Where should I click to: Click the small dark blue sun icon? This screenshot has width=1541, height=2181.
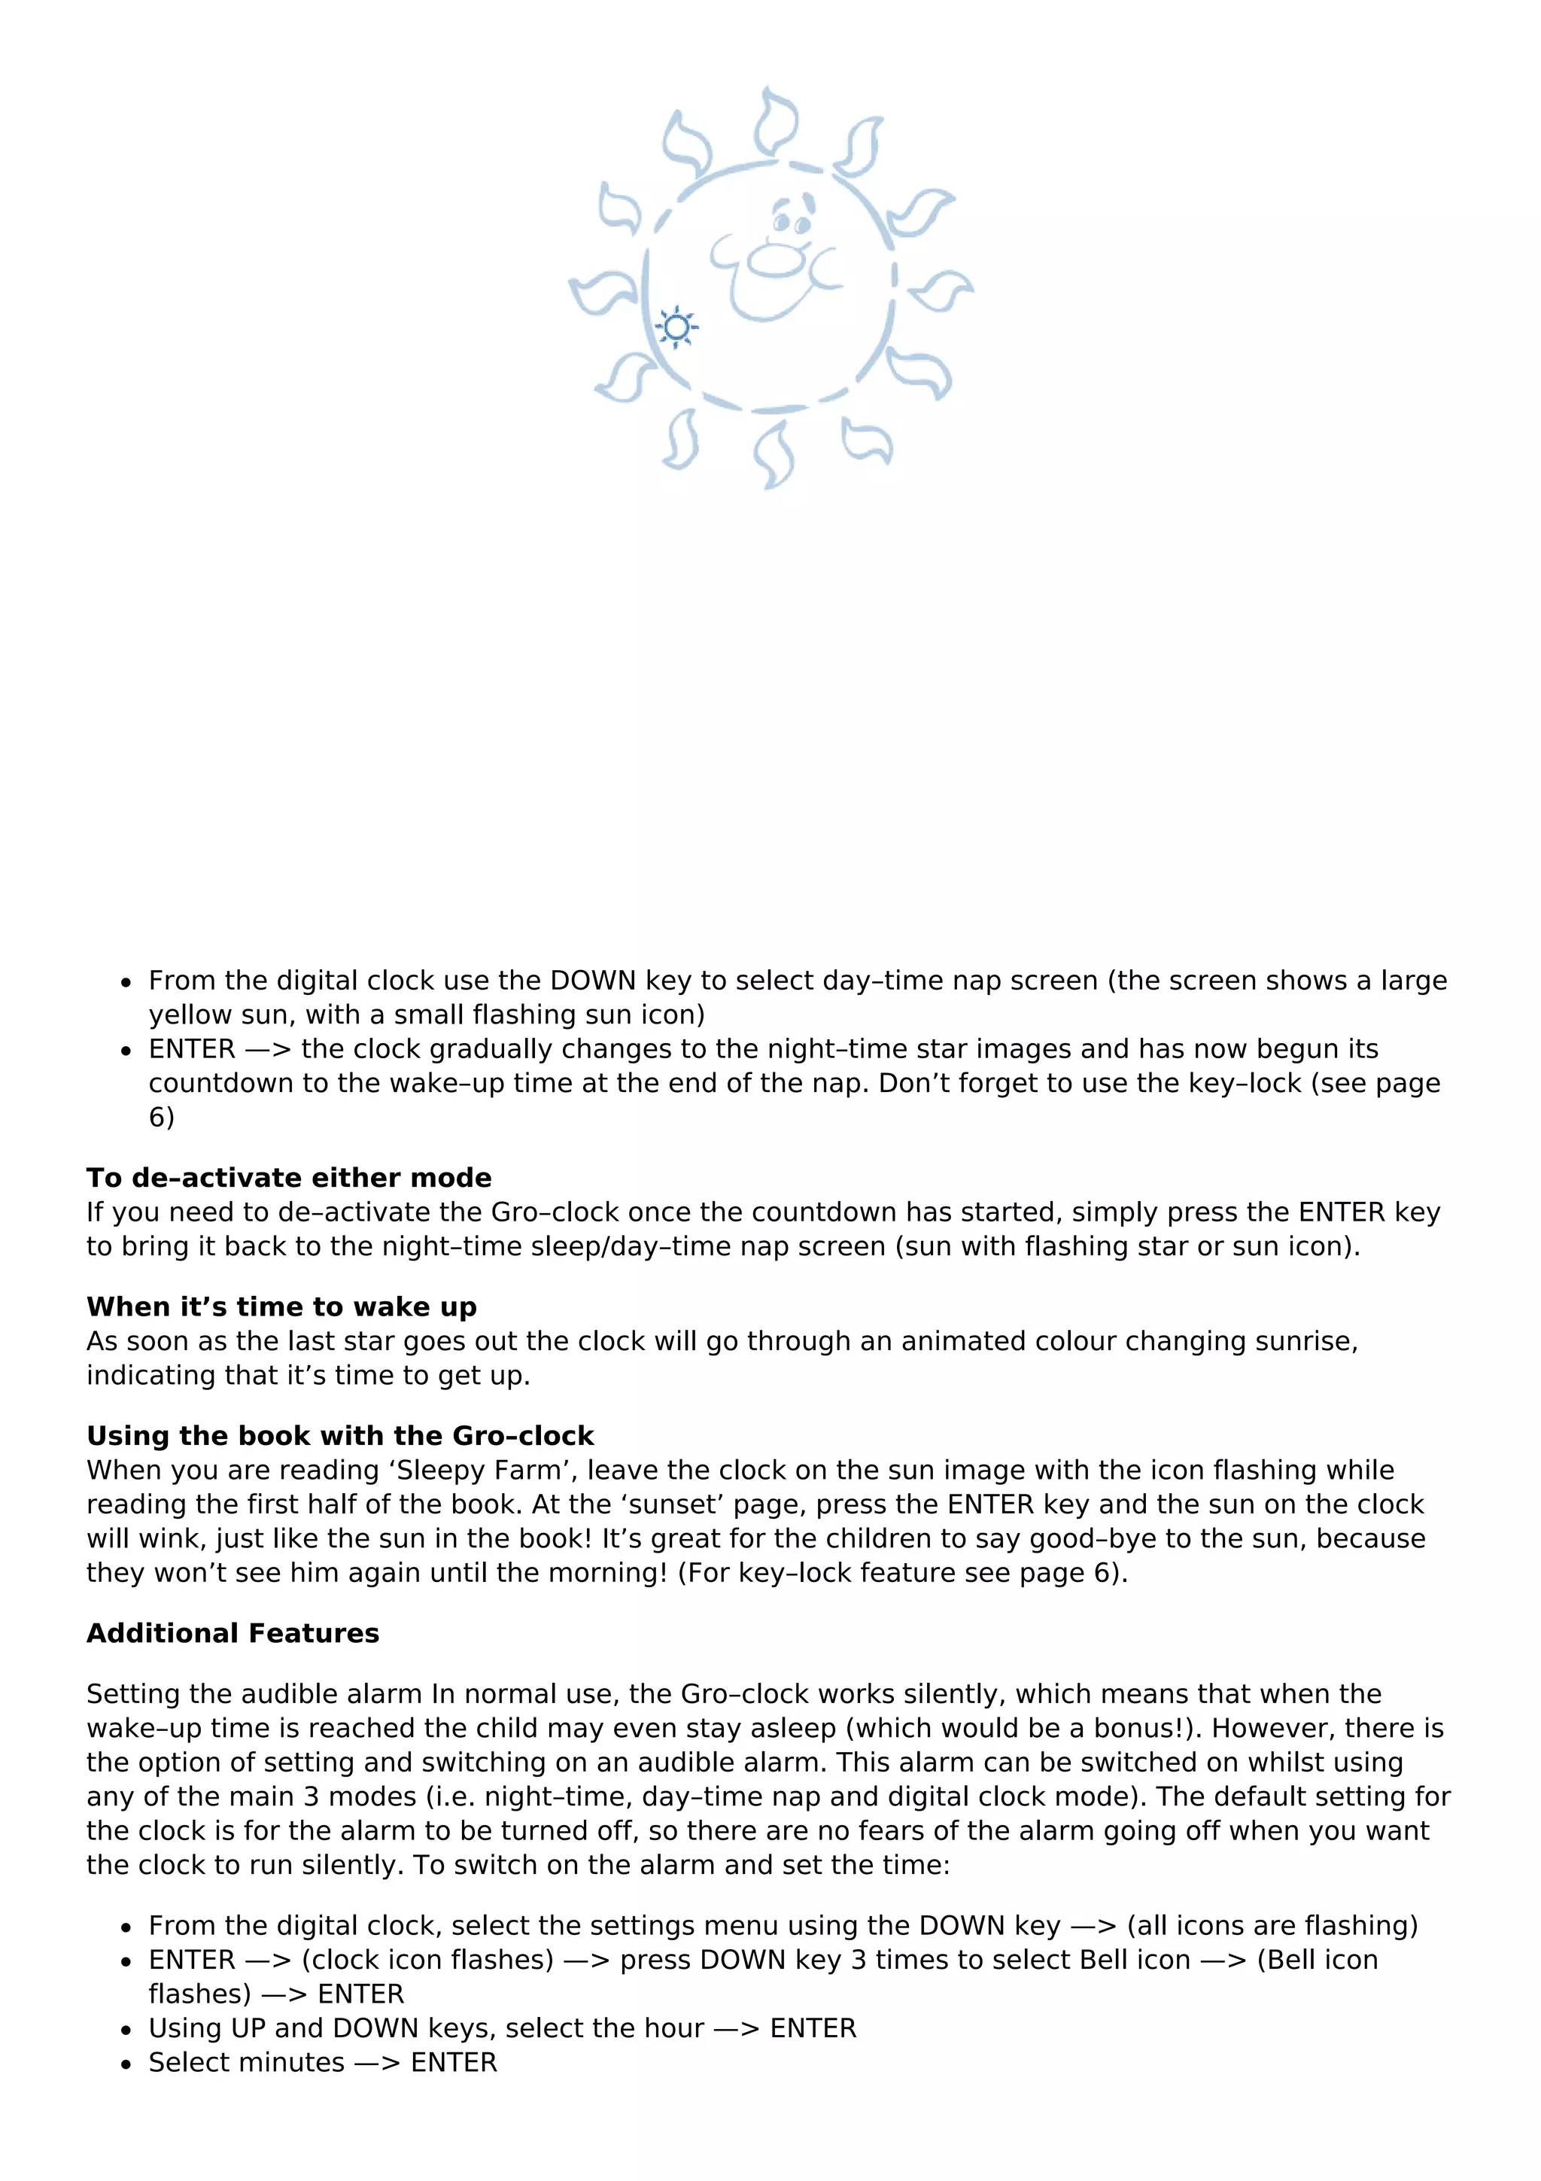676,327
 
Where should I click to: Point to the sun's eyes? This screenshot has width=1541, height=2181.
791,222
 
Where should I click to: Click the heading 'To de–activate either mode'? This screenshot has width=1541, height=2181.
289,1178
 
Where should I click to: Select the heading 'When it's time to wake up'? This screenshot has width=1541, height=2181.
281,1307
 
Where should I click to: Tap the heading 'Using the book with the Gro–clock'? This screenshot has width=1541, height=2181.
340,1435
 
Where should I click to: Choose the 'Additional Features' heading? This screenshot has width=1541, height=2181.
233,1633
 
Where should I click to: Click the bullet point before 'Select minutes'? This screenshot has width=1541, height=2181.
126,2063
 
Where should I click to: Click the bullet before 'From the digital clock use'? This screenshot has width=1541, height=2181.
126,982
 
